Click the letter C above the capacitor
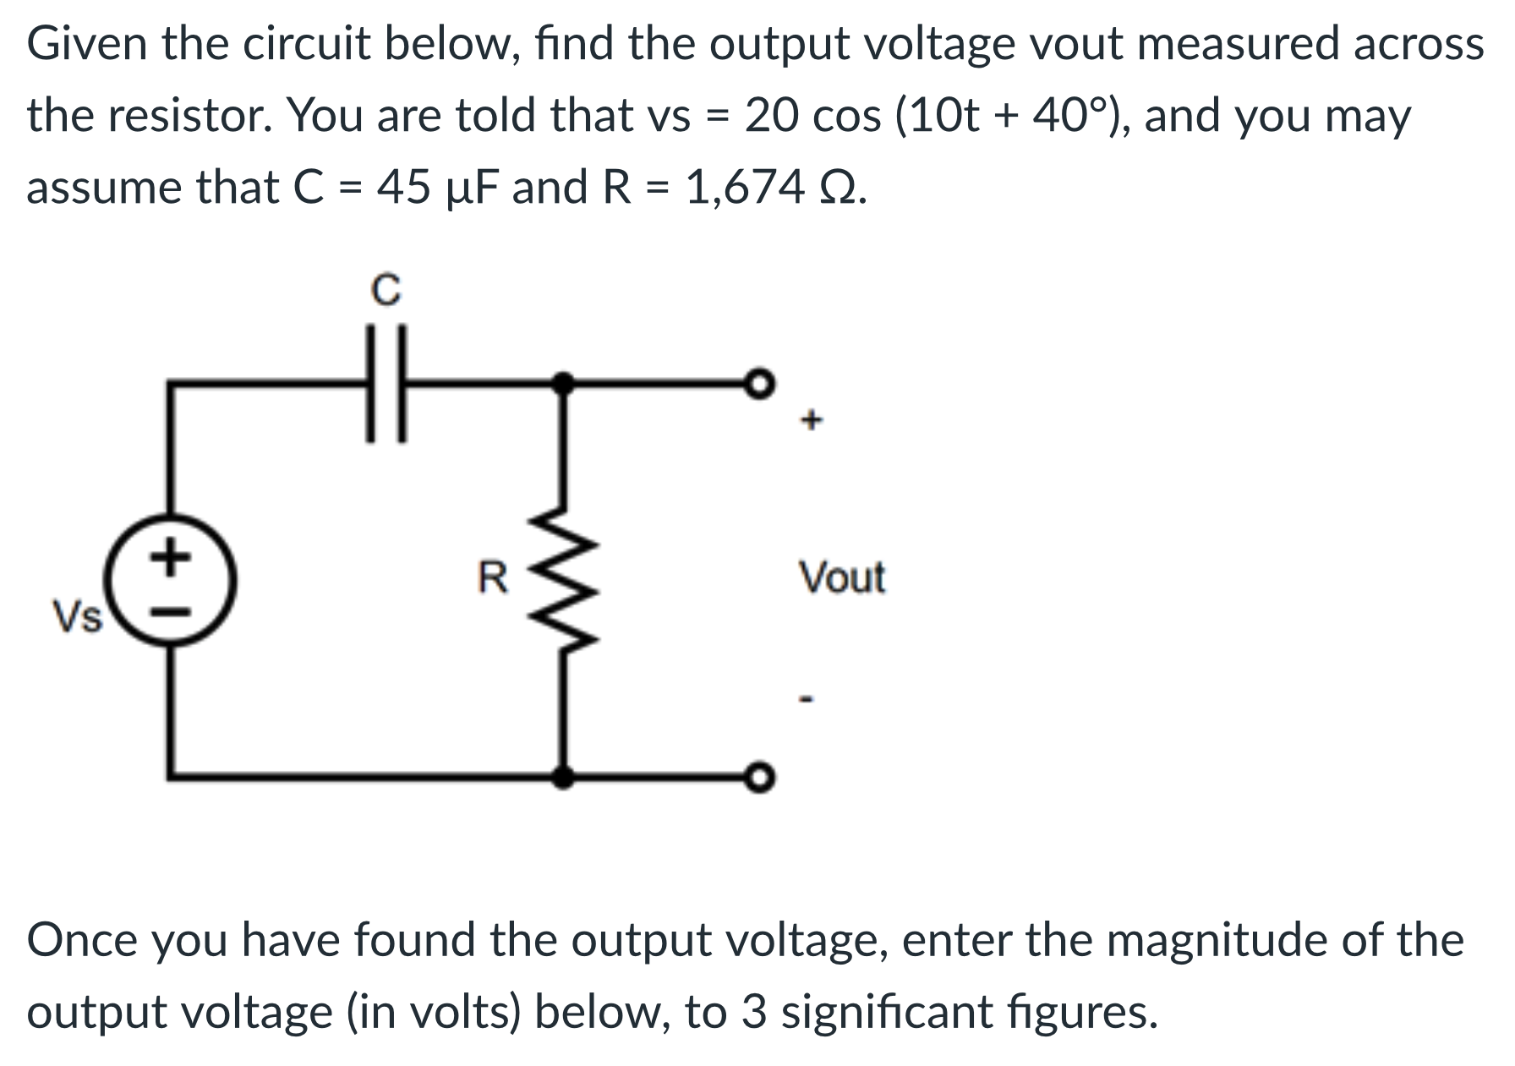click(x=386, y=291)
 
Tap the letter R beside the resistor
click(x=494, y=578)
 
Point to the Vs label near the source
click(x=77, y=615)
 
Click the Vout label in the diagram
click(x=842, y=578)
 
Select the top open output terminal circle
click(x=760, y=384)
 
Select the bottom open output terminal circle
click(x=760, y=775)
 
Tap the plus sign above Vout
click(x=811, y=419)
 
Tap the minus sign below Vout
click(x=808, y=699)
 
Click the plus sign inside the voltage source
click(x=172, y=557)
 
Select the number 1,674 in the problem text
click(x=745, y=187)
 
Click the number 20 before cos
click(x=772, y=116)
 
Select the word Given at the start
click(x=89, y=44)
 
